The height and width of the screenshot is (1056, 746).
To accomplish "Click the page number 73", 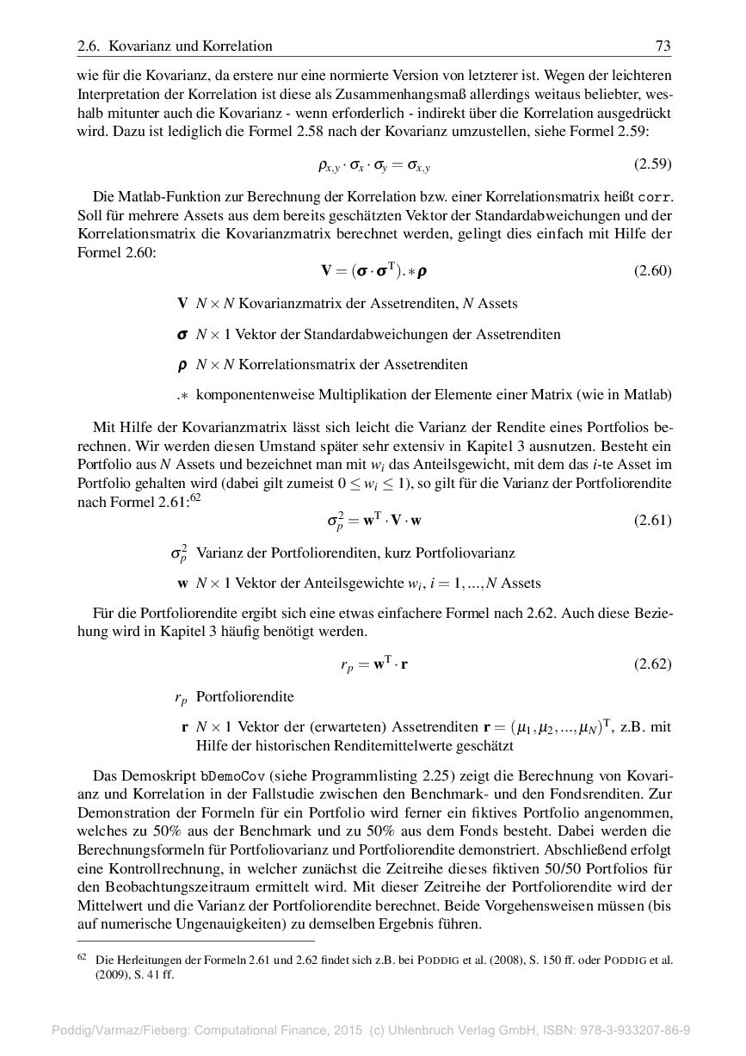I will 663,46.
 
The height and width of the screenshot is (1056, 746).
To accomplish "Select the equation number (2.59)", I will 652,164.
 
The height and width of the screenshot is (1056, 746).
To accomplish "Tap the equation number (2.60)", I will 652,271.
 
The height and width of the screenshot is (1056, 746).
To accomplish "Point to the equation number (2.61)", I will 652,520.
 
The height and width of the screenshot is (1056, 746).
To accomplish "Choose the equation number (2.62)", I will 652,664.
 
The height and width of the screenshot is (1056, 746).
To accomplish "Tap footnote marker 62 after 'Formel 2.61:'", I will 195,497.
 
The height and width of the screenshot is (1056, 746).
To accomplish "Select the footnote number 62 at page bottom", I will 83,956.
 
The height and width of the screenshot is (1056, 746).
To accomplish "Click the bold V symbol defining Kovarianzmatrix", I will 182,303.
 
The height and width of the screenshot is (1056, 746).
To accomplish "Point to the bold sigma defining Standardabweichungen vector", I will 182,334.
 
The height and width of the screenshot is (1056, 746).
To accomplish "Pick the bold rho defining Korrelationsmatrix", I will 182,365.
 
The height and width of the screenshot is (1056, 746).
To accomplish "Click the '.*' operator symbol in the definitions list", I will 182,396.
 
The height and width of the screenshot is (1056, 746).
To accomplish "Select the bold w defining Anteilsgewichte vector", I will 182,584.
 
